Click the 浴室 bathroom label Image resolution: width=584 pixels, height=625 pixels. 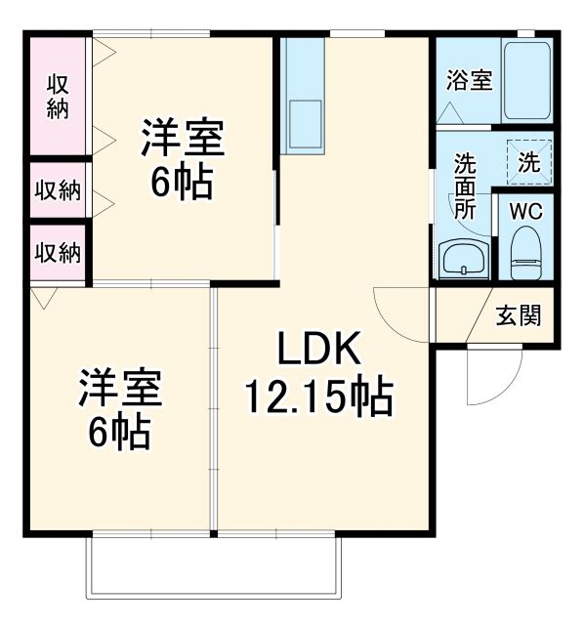tap(469, 80)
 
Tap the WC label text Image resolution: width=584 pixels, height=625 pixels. tap(526, 211)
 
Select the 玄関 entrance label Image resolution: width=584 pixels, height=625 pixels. tap(518, 315)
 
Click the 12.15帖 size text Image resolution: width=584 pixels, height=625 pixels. tap(318, 396)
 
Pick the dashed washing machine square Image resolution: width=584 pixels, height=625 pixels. tap(528, 161)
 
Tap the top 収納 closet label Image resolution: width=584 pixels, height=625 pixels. tap(58, 96)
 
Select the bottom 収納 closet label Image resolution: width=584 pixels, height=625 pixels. tap(58, 252)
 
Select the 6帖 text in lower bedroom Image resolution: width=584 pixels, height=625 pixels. tap(121, 430)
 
